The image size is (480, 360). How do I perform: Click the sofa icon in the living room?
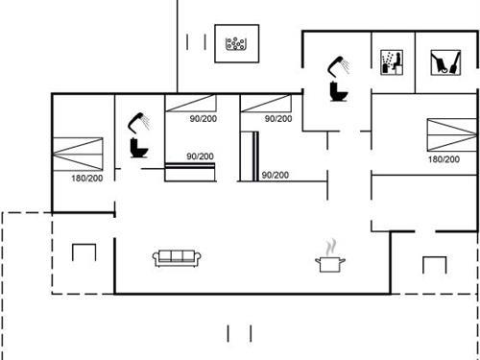click(176, 257)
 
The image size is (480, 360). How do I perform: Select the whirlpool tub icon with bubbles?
click(235, 42)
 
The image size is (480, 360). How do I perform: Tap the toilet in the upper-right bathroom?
click(337, 90)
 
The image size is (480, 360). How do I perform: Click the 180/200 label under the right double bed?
click(443, 159)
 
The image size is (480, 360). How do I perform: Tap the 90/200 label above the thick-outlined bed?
click(200, 156)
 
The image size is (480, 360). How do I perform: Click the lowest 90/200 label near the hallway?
click(276, 175)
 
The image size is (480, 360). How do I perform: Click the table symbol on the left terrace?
click(85, 252)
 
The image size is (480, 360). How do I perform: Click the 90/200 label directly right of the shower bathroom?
click(203, 119)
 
